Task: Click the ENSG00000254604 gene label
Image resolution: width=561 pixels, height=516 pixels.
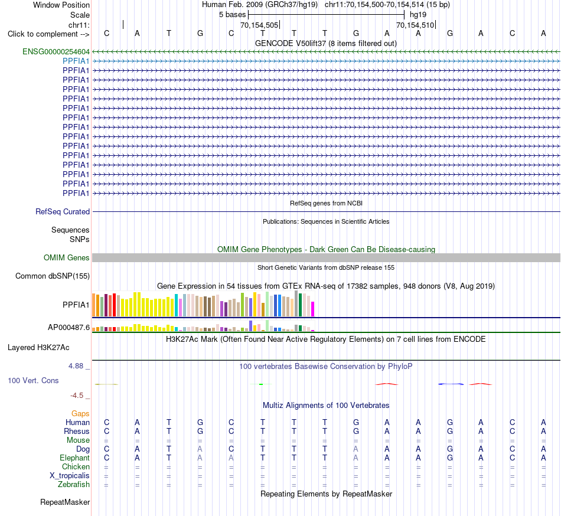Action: tap(56, 52)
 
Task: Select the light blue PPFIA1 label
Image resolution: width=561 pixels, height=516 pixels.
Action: tap(76, 61)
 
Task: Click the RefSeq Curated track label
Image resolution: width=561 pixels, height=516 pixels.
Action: tap(63, 212)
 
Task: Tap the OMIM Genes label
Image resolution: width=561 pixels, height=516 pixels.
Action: tap(67, 258)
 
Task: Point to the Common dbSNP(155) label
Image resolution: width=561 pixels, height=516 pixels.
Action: tap(53, 276)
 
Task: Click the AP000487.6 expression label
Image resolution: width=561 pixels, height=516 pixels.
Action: tap(69, 327)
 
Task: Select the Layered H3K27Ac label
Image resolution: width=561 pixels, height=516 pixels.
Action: tap(38, 348)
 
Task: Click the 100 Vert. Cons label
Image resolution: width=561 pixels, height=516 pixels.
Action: tap(33, 380)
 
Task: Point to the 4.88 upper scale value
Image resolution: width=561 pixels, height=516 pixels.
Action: tap(76, 366)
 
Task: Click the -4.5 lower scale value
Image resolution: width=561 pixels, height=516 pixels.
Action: tap(77, 395)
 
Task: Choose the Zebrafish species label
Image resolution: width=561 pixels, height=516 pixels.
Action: tap(74, 485)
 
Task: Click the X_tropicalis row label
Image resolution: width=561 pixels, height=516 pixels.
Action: tap(70, 476)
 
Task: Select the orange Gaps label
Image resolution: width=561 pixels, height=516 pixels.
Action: tap(80, 414)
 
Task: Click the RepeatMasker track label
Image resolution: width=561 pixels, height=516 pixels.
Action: tap(65, 502)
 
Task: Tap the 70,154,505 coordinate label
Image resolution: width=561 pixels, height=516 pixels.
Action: tap(259, 25)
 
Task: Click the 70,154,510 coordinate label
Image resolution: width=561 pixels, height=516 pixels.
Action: tap(415, 25)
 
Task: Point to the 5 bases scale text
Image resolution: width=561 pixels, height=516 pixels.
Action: tap(233, 15)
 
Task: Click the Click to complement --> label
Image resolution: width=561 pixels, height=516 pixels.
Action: tap(48, 34)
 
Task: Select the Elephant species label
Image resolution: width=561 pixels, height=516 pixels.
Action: tap(75, 458)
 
